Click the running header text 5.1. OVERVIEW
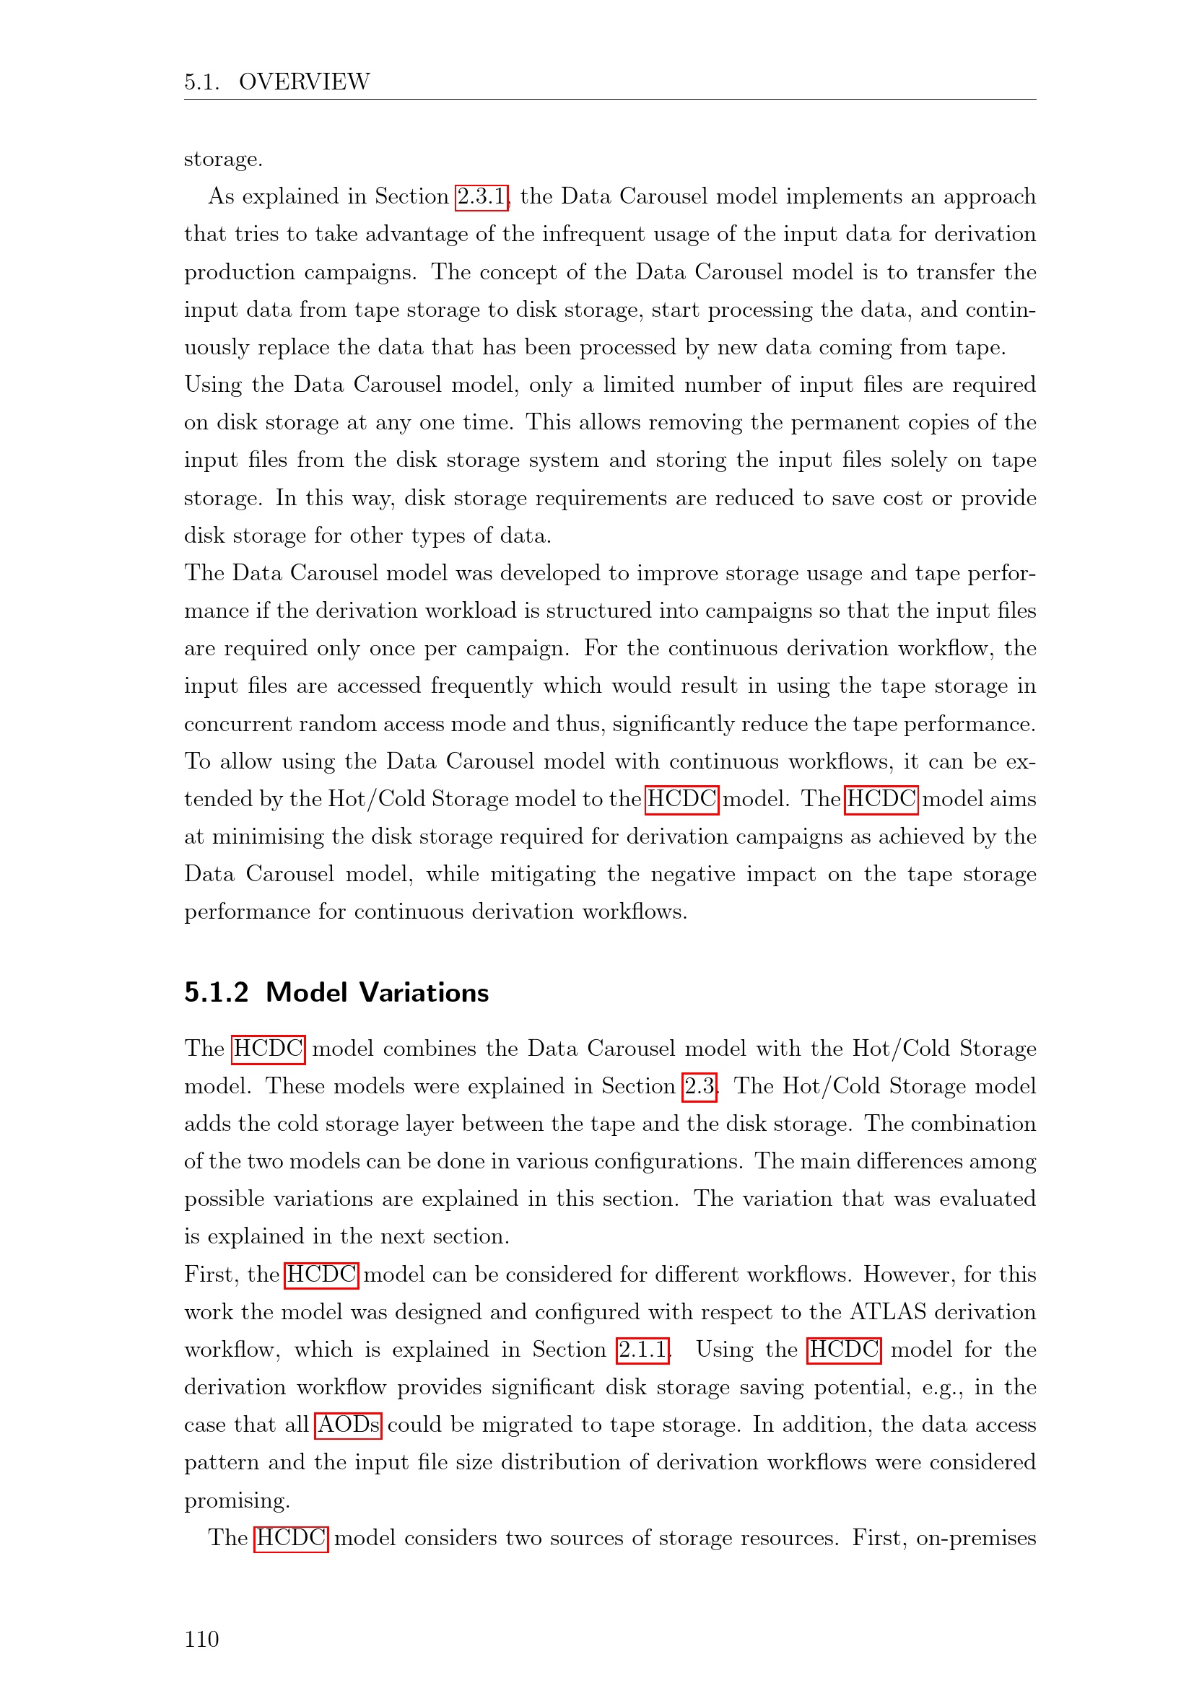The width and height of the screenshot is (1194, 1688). pyautogui.click(x=276, y=82)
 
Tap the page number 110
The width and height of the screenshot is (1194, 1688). pyautogui.click(x=201, y=1639)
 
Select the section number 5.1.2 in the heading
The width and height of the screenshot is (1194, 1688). pyautogui.click(x=216, y=992)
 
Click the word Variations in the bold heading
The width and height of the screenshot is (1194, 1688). pyautogui.click(x=424, y=992)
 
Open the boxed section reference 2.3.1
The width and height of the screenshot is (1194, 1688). pyautogui.click(x=481, y=196)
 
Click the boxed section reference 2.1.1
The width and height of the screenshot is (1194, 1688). pyautogui.click(x=642, y=1350)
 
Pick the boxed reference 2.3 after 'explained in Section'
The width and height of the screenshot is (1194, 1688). pyautogui.click(x=700, y=1086)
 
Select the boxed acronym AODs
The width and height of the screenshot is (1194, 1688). pyautogui.click(x=349, y=1425)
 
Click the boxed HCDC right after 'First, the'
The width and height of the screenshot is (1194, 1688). pyautogui.click(x=321, y=1274)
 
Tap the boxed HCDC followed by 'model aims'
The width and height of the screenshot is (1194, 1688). pyautogui.click(x=881, y=799)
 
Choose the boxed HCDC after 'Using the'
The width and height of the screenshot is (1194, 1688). pyautogui.click(x=844, y=1350)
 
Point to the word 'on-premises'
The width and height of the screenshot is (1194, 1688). pyautogui.click(x=976, y=1538)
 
